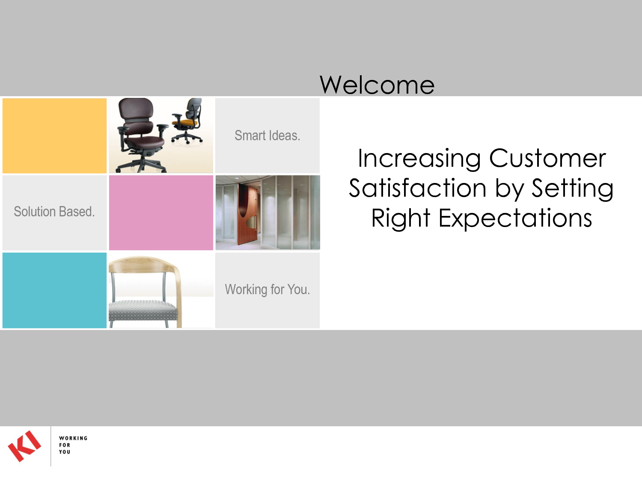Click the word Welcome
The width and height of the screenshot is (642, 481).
pos(377,85)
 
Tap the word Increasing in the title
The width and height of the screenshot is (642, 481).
pos(419,159)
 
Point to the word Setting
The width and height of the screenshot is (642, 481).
pos(572,190)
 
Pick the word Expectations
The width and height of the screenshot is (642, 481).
pos(515,219)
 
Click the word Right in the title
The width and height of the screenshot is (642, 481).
pos(401,219)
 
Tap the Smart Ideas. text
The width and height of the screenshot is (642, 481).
pos(267,136)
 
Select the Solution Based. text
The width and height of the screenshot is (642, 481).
pos(54,212)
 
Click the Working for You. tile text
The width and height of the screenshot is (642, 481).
pos(267,289)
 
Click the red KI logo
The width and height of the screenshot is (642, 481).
pos(24,446)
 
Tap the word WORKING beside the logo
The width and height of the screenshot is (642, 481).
pos(73,438)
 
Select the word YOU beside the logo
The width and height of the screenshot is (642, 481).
pos(65,452)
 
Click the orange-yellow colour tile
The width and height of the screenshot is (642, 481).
pos(54,136)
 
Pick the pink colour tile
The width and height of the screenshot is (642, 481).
pos(161,212)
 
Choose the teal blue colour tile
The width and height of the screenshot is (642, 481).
pos(54,290)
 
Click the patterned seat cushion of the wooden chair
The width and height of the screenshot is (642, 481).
pos(143,310)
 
